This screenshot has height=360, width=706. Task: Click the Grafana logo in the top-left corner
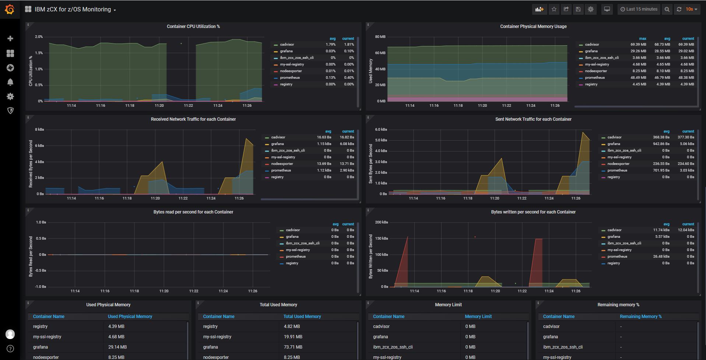point(10,9)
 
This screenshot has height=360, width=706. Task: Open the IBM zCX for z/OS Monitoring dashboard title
point(73,10)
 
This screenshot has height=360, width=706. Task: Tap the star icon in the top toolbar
point(554,9)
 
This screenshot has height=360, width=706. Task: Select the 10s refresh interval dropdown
point(691,9)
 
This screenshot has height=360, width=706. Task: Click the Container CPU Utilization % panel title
point(193,27)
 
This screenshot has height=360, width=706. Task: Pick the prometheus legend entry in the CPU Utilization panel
point(290,78)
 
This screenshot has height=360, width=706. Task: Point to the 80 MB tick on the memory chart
point(380,37)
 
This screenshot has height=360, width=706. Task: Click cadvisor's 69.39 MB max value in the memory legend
point(638,45)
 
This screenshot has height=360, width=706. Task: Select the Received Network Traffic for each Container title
point(193,119)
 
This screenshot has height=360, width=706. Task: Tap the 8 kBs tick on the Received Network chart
point(39,130)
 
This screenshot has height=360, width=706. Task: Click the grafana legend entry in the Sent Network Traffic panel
point(614,144)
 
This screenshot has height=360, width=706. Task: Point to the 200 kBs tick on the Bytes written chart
point(382,222)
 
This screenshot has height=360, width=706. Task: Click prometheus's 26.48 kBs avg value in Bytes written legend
point(661,257)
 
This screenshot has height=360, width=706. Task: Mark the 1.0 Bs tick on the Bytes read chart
point(41,222)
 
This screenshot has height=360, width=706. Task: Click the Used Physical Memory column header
point(130,317)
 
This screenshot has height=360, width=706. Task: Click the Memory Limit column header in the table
point(478,317)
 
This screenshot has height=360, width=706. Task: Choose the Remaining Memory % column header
point(640,317)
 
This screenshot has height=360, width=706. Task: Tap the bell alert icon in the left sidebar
point(10,82)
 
